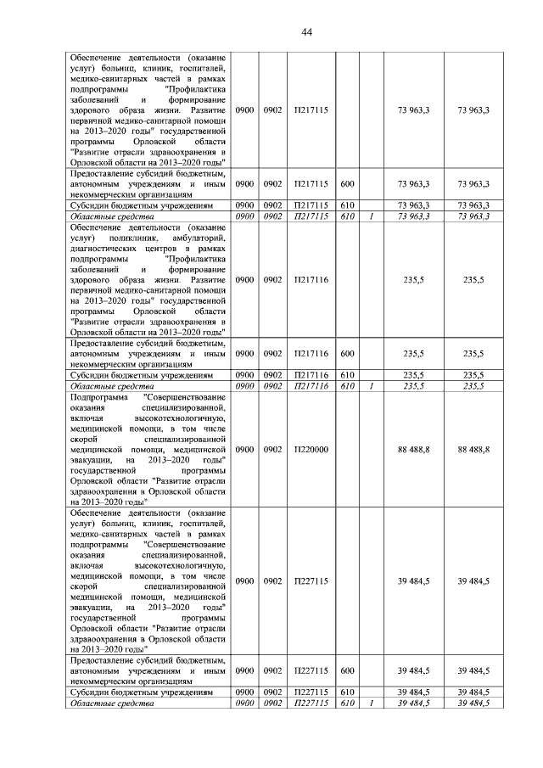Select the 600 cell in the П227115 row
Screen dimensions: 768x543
tap(347, 670)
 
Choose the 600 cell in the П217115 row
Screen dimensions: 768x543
tap(347, 183)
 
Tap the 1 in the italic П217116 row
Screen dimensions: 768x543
tap(372, 386)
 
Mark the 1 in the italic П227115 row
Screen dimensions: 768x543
tap(372, 703)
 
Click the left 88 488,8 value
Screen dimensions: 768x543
tap(413, 449)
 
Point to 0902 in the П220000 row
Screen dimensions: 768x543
tap(272, 449)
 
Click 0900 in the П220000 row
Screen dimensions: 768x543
tap(244, 449)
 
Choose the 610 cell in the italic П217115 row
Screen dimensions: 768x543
tap(347, 216)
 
